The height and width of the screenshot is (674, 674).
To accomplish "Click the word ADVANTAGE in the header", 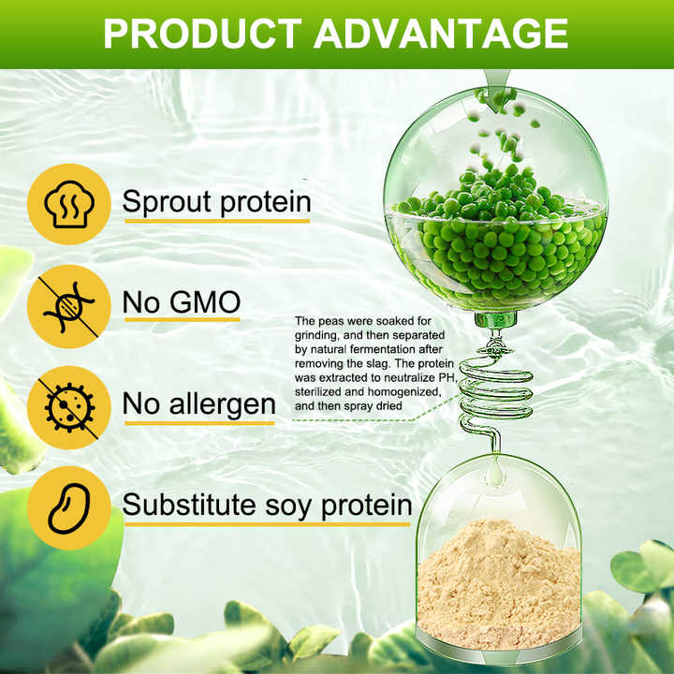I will pyautogui.click(x=440, y=34).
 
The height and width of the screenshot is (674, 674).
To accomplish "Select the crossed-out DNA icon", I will pyautogui.click(x=67, y=303).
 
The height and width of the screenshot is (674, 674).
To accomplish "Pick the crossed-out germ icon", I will pyautogui.click(x=67, y=405).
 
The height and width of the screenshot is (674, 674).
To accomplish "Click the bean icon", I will pyautogui.click(x=67, y=506).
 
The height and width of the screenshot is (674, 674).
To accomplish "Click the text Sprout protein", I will pyautogui.click(x=216, y=202).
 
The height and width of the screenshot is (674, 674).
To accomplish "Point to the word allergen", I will pyautogui.click(x=222, y=404).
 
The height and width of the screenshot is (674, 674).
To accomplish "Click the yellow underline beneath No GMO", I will pyautogui.click(x=183, y=321).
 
